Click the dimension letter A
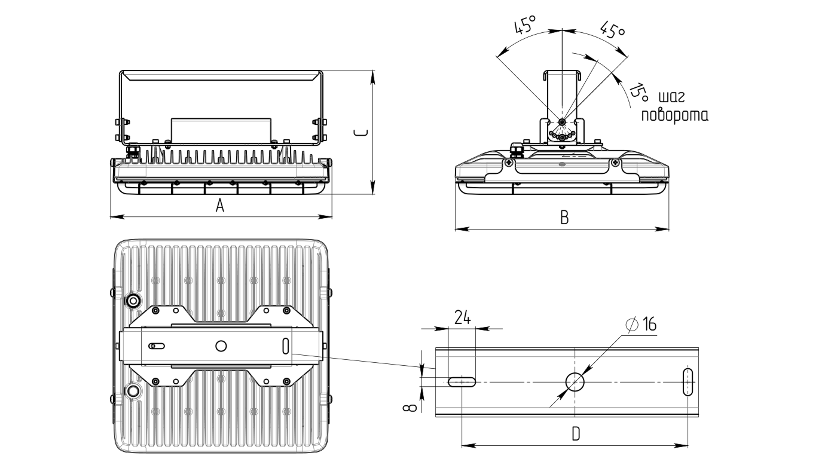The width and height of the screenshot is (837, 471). (220, 206)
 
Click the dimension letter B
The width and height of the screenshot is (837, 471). (564, 218)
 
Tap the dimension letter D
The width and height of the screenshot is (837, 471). (576, 434)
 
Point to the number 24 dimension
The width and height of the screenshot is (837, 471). (463, 317)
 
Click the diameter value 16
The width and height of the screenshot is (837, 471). (649, 324)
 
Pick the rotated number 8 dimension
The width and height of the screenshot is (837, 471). (410, 407)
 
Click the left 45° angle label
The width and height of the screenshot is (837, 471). (525, 25)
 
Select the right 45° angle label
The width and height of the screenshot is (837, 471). (613, 30)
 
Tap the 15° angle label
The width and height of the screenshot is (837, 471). (639, 92)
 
